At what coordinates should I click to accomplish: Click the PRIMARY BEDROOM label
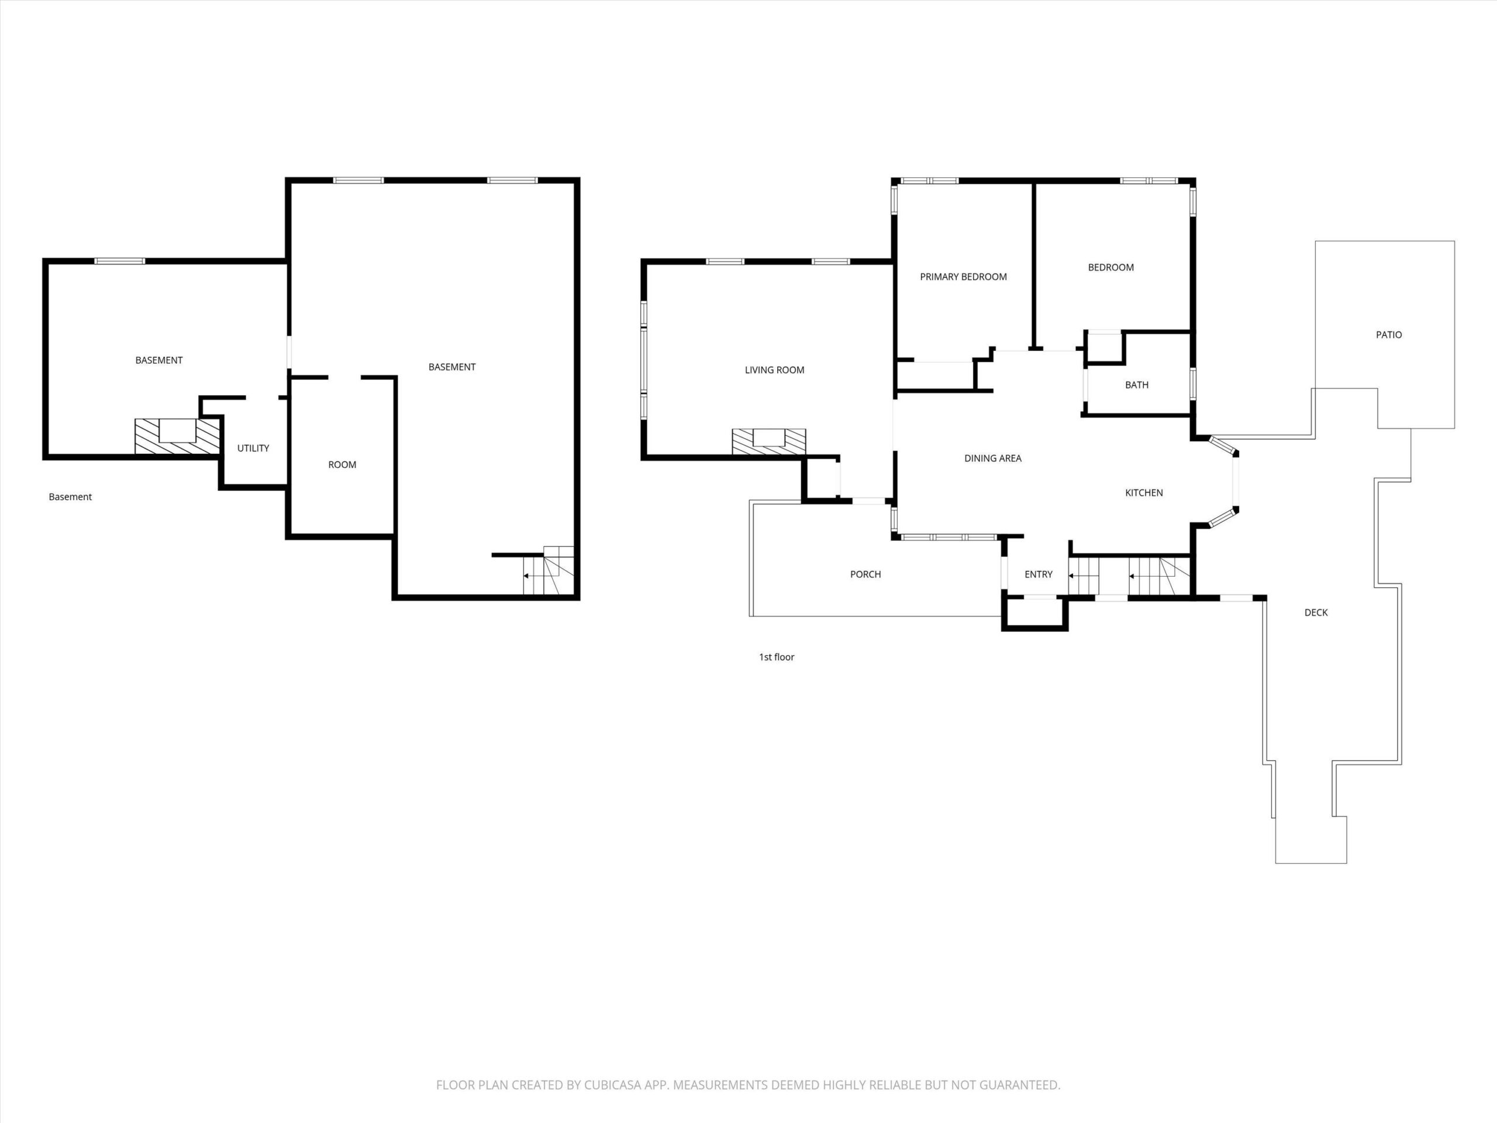[963, 277]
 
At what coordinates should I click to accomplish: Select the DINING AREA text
[993, 459]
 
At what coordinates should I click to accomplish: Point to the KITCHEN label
[1144, 493]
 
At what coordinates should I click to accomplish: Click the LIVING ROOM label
[774, 370]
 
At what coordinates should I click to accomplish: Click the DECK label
[1316, 612]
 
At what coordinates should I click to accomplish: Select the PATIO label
[1389, 335]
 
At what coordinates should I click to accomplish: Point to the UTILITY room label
[253, 448]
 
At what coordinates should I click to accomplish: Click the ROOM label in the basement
[342, 465]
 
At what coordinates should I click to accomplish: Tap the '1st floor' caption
[776, 657]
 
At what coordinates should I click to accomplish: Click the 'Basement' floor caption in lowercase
[70, 497]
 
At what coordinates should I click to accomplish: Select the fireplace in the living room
[769, 442]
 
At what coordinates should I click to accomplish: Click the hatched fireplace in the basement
[177, 436]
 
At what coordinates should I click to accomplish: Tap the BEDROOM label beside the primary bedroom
[1110, 267]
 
